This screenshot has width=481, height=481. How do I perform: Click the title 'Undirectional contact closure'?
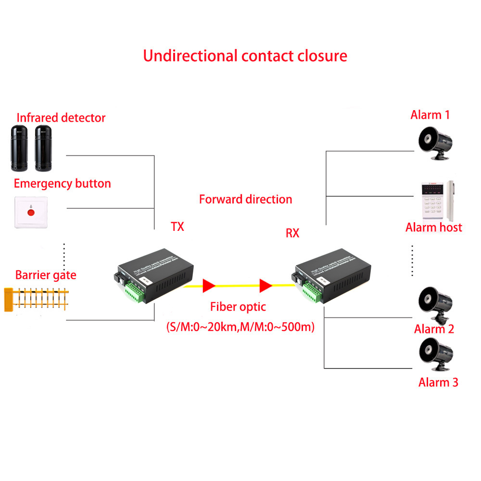click(x=245, y=55)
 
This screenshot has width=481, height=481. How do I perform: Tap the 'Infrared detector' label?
click(x=61, y=118)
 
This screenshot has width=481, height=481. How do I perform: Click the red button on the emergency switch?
click(x=31, y=211)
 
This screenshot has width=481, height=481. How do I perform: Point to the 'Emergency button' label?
click(x=62, y=183)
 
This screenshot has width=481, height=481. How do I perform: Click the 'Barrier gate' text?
click(x=46, y=275)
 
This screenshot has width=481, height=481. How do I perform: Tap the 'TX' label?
click(x=177, y=226)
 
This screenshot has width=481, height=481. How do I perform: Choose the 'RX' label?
click(x=292, y=234)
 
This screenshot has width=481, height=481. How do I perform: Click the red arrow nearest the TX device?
click(x=208, y=286)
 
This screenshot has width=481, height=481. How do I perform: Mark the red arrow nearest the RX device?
click(x=266, y=286)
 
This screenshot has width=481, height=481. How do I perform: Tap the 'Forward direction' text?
click(x=245, y=199)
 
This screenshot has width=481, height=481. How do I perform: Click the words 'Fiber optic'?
click(x=238, y=307)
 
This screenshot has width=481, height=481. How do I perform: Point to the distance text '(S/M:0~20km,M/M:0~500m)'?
click(x=240, y=328)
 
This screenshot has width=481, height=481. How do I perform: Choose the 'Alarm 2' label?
click(x=434, y=329)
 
